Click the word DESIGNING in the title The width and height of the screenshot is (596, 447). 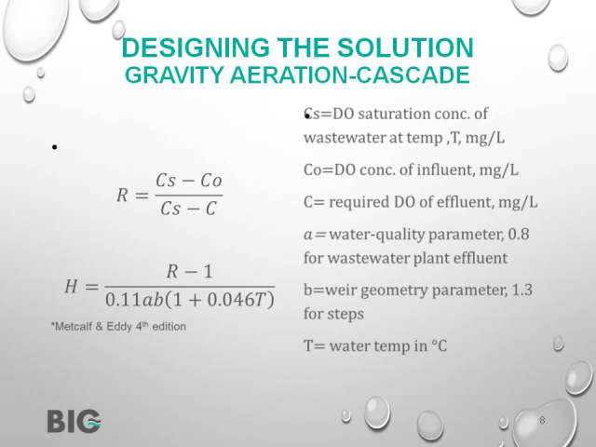click(196, 47)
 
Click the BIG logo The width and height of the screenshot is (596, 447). click(74, 421)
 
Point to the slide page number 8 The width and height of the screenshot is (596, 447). click(542, 420)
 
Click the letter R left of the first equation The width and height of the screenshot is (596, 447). click(122, 196)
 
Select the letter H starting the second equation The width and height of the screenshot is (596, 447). click(72, 286)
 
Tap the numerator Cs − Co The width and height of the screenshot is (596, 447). click(189, 180)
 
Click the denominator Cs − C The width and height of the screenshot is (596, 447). click(188, 209)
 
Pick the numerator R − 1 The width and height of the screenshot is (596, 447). click(189, 271)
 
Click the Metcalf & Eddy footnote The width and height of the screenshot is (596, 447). click(118, 327)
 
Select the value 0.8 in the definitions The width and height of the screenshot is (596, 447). click(519, 234)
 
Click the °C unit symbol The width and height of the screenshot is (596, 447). click(440, 345)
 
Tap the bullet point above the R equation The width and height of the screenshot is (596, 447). click(55, 147)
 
